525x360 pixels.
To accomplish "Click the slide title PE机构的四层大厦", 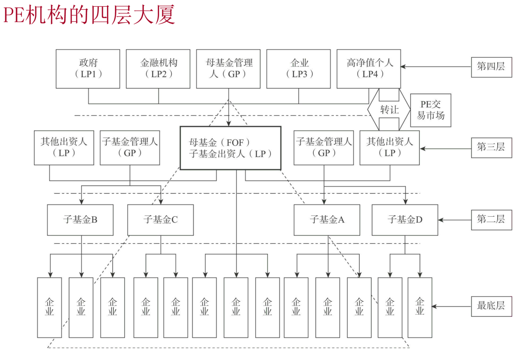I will pyautogui.click(x=89, y=15).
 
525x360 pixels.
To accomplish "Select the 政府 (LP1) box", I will pyautogui.click(x=88, y=69).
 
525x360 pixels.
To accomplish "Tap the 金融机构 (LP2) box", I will pyautogui.click(x=158, y=69).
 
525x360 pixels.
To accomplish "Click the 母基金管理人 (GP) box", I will pyautogui.click(x=228, y=69).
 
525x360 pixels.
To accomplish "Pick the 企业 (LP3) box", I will pyautogui.click(x=298, y=69).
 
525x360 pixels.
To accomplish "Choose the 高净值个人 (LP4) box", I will pyautogui.click(x=369, y=69).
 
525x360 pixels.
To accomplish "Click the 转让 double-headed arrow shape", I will pyautogui.click(x=389, y=110).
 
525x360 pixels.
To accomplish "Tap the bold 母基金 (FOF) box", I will pyautogui.click(x=231, y=148).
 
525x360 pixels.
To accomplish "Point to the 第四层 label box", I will pyautogui.click(x=491, y=67).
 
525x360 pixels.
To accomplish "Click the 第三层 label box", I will pyautogui.click(x=491, y=147).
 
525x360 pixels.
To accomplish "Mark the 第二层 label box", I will pyautogui.click(x=491, y=219).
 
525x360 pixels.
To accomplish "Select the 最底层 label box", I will pyautogui.click(x=491, y=306).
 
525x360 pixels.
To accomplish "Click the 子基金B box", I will pyautogui.click(x=80, y=220).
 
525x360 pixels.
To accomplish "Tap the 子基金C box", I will pyautogui.click(x=160, y=220).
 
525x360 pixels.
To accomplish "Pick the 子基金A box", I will pyautogui.click(x=327, y=220).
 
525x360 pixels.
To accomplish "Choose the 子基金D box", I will pyautogui.click(x=405, y=220).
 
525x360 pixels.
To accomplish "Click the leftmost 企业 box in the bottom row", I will pyautogui.click(x=50, y=308).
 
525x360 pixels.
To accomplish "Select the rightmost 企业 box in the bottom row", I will pyautogui.click(x=420, y=308).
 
